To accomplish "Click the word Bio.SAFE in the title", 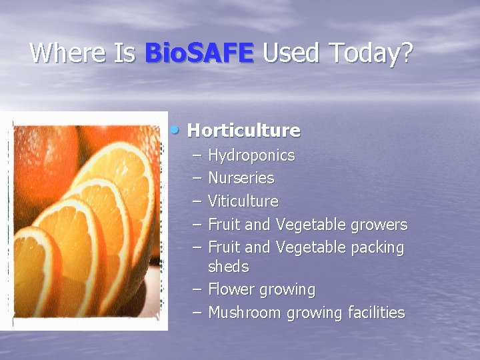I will tap(199, 53).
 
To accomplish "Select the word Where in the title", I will tap(69, 53).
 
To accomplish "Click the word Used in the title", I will tap(287, 53).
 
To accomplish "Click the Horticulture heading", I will tap(244, 130).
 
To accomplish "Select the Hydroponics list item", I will tap(251, 156).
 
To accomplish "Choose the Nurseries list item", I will tap(241, 178).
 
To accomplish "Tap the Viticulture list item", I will tap(243, 201).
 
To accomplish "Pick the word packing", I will tap(377, 248).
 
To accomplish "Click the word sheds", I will tap(228, 267).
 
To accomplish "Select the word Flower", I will tap(229, 289).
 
